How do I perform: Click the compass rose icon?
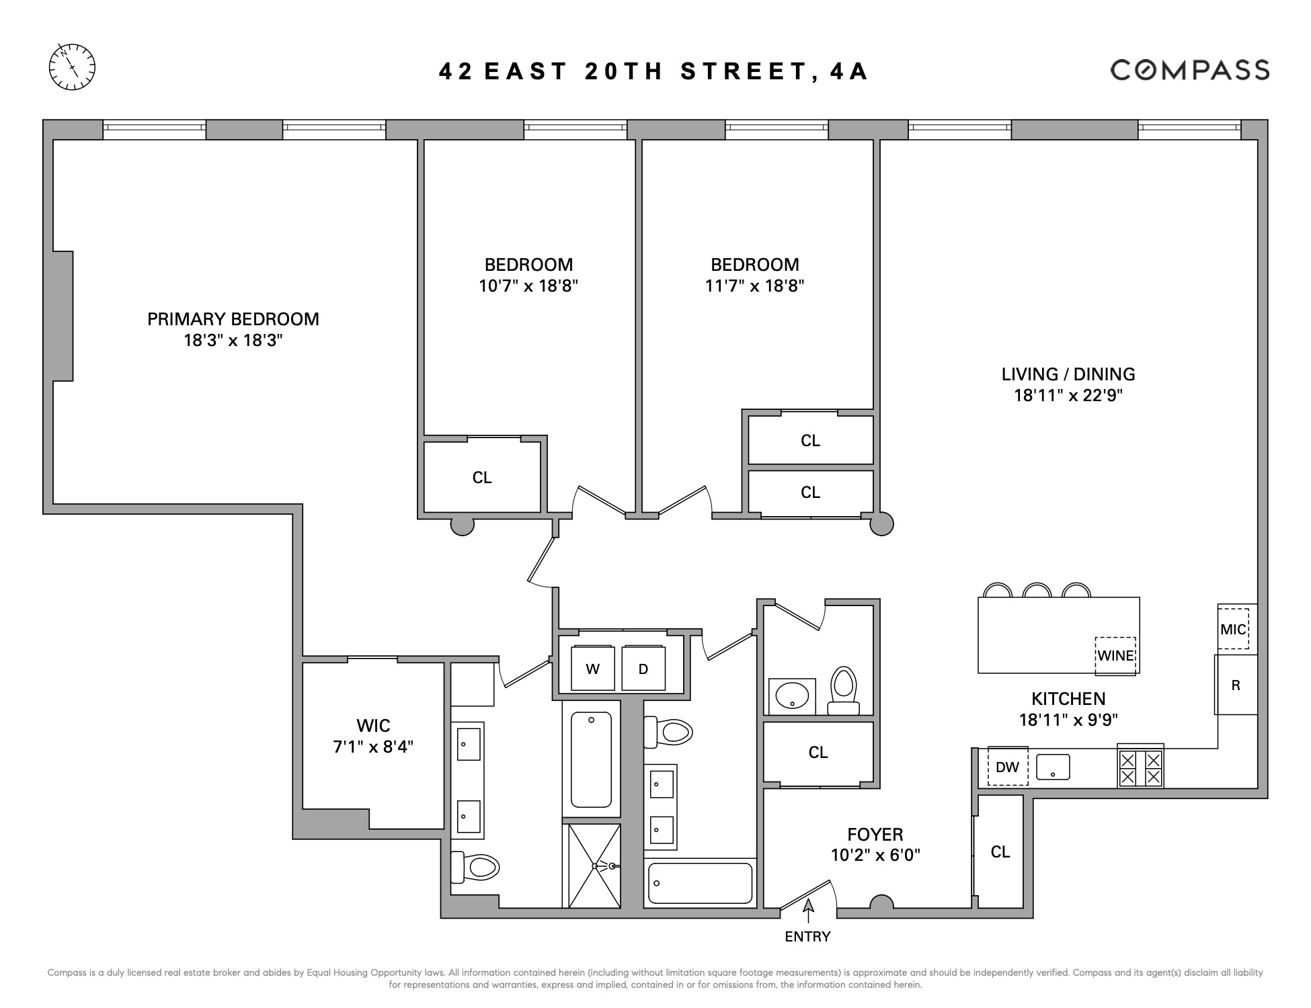tap(72, 67)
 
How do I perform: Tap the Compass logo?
tap(1189, 70)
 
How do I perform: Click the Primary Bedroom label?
tap(233, 319)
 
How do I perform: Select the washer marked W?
tap(592, 669)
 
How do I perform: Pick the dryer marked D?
tap(643, 669)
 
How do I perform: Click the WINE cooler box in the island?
tap(1115, 656)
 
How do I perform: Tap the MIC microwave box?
tap(1233, 629)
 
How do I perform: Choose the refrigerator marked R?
tap(1236, 685)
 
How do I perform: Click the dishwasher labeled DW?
tap(1007, 766)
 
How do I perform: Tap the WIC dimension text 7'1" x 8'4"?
tap(373, 746)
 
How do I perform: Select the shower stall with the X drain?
tap(594, 866)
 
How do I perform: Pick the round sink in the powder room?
tap(792, 696)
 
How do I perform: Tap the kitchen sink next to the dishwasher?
tap(1053, 766)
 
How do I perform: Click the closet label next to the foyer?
tap(1000, 851)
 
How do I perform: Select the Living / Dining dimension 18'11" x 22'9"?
tap(1068, 395)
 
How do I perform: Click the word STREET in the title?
tap(744, 71)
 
